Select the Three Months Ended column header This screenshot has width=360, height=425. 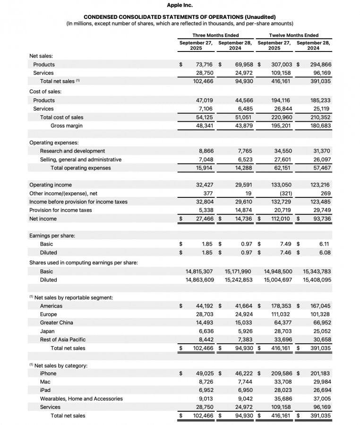pyautogui.click(x=215, y=35)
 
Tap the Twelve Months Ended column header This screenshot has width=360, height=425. pyautogui.click(x=293, y=35)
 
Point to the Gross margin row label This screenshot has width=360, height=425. pyautogui.click(x=66, y=126)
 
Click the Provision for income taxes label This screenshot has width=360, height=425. pyautogui.click(x=60, y=210)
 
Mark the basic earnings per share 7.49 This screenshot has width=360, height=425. pyautogui.click(x=285, y=244)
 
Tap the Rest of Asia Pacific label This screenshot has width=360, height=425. pyautogui.click(x=63, y=340)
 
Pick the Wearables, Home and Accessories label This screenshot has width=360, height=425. pyautogui.click(x=81, y=399)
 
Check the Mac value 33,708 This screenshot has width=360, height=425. pyautogui.click(x=282, y=382)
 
